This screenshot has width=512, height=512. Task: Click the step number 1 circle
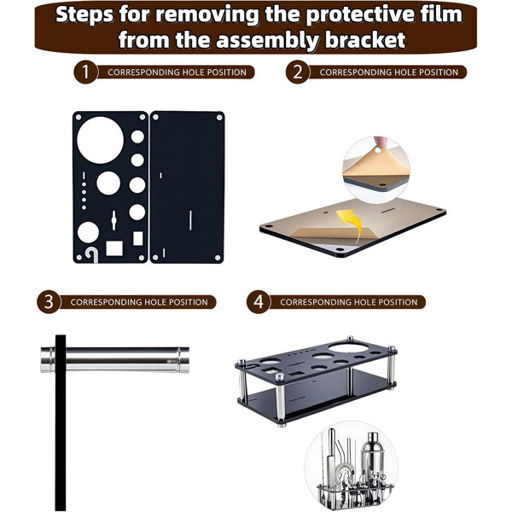pos(85,72)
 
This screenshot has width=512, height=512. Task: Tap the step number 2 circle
pos(298,72)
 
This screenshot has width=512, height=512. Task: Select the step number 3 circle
pos(49,302)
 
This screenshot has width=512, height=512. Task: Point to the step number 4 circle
pos(259,302)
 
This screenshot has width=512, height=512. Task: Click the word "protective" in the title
pos(336,15)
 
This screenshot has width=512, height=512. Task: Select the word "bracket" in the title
pos(365,40)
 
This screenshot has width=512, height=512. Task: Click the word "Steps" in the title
pos(84,15)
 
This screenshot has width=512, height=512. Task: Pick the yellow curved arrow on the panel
pos(350,224)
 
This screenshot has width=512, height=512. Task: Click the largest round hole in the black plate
pos(100,140)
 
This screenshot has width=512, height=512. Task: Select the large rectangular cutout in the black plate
pos(114,248)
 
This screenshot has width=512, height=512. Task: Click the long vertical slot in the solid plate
pos(190,220)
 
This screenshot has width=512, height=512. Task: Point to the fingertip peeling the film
pos(380,142)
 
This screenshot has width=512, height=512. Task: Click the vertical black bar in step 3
pos(61,423)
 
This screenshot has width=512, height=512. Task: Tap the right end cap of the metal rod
pos(183,360)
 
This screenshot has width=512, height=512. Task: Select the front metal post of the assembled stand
pos(280,400)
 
